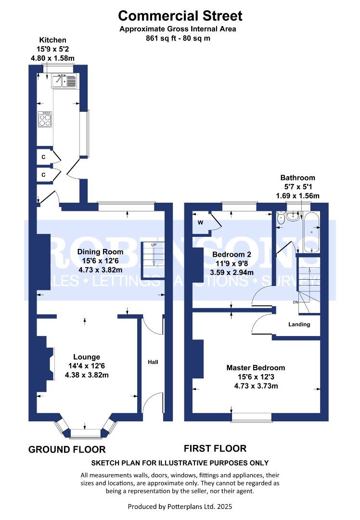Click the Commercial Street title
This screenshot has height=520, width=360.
point(180,15)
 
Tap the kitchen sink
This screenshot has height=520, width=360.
point(64,81)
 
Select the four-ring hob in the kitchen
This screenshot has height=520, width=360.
point(45,119)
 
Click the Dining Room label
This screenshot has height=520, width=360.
point(100,252)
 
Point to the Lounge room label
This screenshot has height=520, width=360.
point(87,357)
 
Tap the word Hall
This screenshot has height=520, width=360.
point(153,362)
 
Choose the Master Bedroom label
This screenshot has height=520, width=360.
point(256,367)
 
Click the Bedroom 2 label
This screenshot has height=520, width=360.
point(231,254)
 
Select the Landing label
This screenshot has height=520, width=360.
point(299,325)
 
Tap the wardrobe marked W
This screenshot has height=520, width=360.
point(201,222)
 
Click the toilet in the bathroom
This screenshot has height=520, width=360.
point(281,219)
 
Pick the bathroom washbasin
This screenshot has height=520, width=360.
point(294,216)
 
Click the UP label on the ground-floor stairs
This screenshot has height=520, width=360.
point(154,245)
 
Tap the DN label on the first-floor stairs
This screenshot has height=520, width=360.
point(296,302)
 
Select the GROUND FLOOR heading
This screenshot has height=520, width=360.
point(67,449)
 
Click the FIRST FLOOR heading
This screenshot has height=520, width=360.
point(215,448)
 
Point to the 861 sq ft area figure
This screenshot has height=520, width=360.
point(157,38)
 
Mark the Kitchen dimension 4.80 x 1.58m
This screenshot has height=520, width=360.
point(52,58)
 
